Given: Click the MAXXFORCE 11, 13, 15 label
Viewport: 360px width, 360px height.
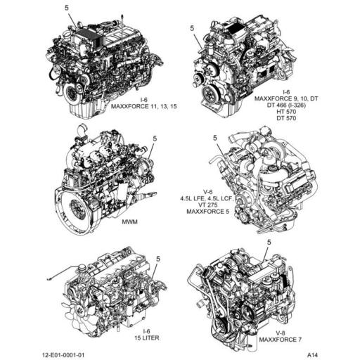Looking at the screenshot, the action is (143, 106).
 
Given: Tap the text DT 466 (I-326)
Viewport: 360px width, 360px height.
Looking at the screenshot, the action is (286, 105).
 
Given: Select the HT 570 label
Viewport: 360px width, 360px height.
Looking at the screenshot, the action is (286, 112).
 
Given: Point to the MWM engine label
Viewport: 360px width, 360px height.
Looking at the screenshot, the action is (129, 221).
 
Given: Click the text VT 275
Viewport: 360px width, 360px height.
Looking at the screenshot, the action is (207, 205).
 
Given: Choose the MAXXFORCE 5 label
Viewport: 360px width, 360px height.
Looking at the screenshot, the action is (207, 212).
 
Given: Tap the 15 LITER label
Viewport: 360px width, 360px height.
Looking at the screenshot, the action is (147, 338).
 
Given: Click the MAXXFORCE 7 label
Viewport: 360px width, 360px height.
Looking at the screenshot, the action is (281, 340).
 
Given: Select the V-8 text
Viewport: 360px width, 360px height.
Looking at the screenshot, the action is (281, 333).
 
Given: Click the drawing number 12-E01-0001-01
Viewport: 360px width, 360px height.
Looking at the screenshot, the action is (63, 355).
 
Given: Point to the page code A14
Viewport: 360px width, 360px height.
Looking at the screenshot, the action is (312, 355).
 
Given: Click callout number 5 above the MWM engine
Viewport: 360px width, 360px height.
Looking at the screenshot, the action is (155, 139).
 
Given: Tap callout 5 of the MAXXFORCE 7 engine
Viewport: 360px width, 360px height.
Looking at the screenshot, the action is (269, 242).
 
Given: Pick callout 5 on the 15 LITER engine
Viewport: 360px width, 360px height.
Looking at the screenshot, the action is (158, 259).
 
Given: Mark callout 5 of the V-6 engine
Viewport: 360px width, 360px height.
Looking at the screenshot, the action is (215, 138).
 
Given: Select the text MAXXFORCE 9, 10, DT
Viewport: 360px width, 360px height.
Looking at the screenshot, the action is (286, 98).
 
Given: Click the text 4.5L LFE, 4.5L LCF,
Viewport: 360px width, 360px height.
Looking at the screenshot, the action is (207, 198).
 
